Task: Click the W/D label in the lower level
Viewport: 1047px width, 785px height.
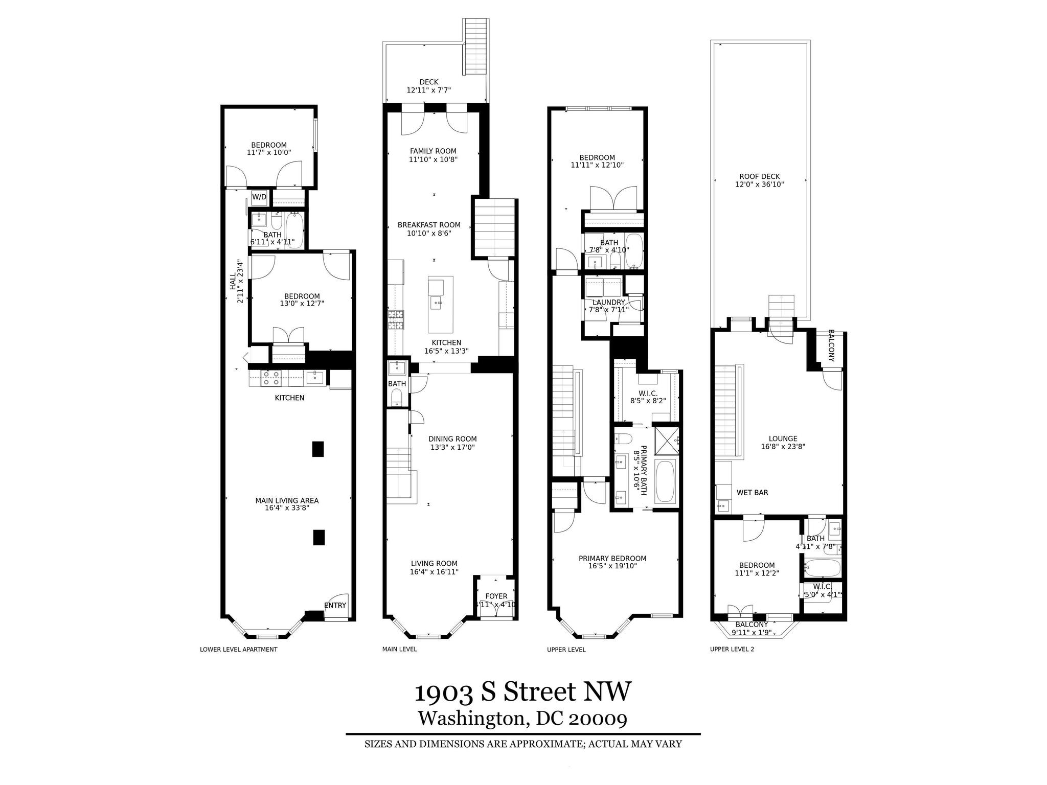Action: [x=259, y=197]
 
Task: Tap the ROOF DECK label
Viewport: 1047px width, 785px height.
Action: [x=760, y=176]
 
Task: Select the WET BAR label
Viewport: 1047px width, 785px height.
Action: [x=752, y=493]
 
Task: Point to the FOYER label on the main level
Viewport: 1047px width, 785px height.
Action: [x=496, y=596]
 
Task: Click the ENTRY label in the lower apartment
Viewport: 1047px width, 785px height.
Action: [x=335, y=605]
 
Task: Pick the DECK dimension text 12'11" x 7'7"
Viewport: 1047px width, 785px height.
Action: [x=428, y=90]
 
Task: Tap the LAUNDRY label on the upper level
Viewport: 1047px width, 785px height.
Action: [x=608, y=302]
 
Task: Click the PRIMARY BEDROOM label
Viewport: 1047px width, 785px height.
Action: [x=612, y=558]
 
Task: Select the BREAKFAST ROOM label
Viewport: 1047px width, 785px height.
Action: [x=429, y=225]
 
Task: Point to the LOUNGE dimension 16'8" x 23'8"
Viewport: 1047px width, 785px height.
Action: [x=783, y=446]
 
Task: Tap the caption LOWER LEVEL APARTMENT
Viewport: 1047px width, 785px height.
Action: [x=238, y=650]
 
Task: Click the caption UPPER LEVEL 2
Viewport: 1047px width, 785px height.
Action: [x=732, y=650]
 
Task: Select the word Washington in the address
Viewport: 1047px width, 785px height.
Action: [x=472, y=719]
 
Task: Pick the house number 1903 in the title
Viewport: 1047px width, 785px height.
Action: [x=443, y=693]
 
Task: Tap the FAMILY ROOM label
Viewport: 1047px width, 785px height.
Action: [x=433, y=151]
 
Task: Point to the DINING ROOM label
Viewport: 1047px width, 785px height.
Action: [x=452, y=438]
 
